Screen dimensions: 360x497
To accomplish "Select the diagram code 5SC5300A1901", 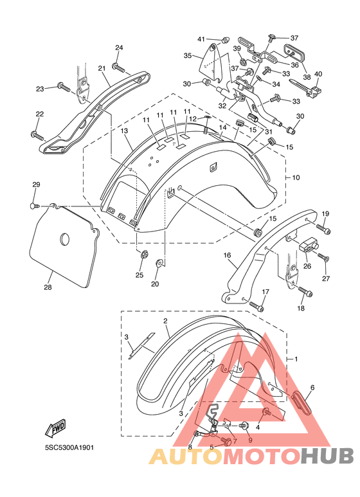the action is tap(69, 448).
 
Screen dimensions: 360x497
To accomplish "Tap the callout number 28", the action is tap(48, 287).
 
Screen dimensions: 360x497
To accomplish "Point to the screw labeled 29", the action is tap(34, 206).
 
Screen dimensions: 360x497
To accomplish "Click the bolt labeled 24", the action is tap(118, 68).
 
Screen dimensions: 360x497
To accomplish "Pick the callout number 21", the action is tap(102, 68).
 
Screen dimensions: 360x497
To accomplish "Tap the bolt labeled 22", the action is tap(37, 136).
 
